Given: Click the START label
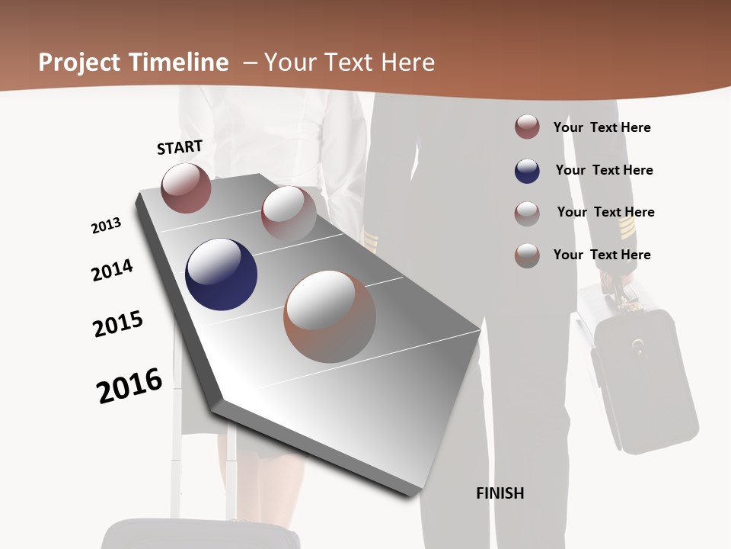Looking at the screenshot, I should pos(180,147).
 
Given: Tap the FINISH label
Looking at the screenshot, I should pos(500,493).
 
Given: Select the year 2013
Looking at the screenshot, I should pos(106,226).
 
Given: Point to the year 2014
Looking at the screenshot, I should pos(112,270).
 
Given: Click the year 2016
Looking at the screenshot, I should pos(129,385).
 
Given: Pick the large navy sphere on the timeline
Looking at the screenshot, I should pos(221,274).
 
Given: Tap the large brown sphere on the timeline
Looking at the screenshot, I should pos(330,316).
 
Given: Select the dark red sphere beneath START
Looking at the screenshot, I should pos(186,188).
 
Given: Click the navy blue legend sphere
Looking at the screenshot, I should pos(527,171).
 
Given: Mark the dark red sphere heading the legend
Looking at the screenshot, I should pos(527,127).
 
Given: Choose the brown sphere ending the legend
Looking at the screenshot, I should pos(527,255).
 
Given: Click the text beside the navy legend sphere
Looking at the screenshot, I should pos(604,170).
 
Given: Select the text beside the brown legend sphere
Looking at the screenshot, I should pos(602,255).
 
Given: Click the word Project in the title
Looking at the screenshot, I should pos(79,63).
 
